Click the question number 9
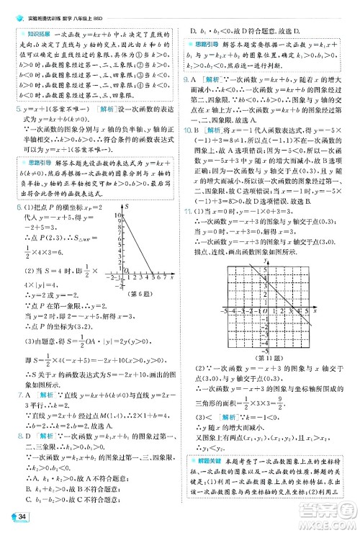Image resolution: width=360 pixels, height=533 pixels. pos(187,78)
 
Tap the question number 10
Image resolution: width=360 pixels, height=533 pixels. pos(189,129)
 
